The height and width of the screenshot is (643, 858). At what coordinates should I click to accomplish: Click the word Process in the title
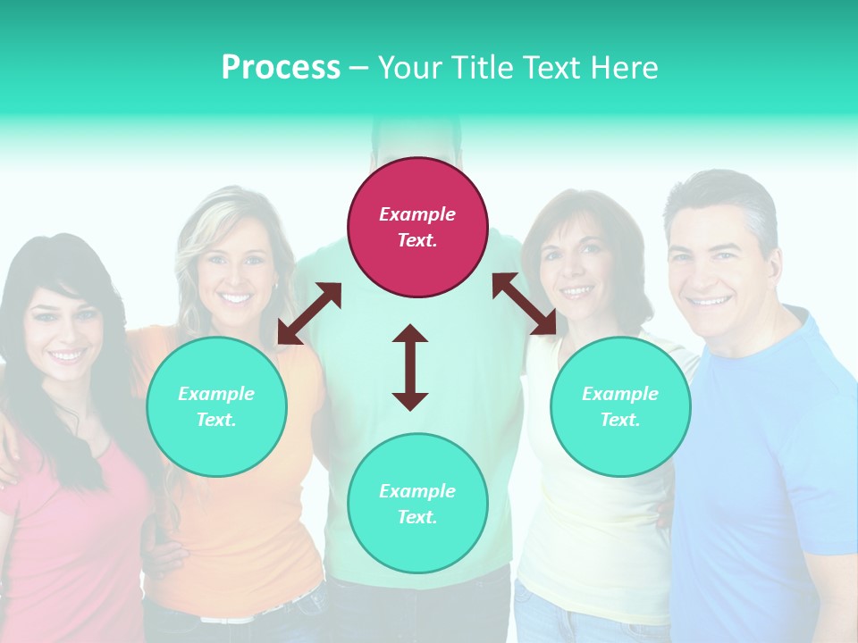(281, 68)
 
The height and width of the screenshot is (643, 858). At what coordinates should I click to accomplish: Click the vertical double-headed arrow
(410, 367)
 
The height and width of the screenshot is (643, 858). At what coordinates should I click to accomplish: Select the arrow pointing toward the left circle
(309, 313)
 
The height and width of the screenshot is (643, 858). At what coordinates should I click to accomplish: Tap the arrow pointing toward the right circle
(525, 304)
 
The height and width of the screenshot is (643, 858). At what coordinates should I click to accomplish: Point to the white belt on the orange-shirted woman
(232, 616)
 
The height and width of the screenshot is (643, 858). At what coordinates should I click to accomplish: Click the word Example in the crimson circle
(417, 214)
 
